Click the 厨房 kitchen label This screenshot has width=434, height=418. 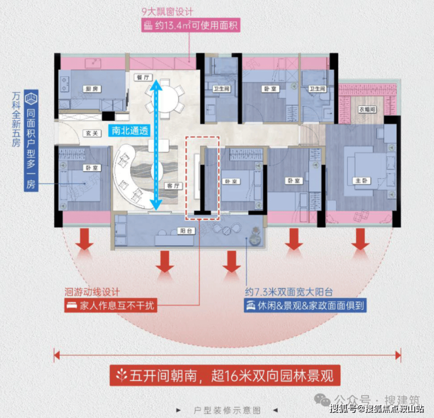90,89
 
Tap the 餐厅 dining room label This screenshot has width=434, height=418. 140,77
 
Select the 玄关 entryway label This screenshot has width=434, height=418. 90,133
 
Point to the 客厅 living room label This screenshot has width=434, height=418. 172,186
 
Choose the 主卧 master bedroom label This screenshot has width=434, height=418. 361,181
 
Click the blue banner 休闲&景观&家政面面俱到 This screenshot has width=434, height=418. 306,305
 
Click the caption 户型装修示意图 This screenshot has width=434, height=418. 227,410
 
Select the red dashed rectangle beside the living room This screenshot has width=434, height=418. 202,176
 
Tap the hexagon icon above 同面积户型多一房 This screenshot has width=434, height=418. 33,98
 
